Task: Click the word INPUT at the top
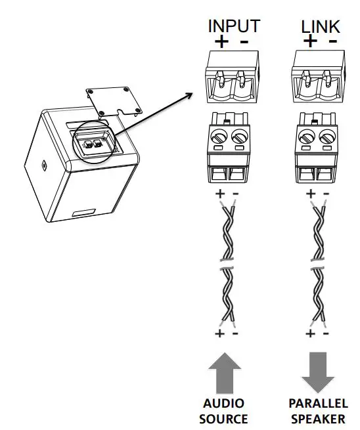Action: (x=234, y=26)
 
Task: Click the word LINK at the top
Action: (x=320, y=26)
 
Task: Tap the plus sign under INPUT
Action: (x=222, y=42)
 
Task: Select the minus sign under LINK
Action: (x=332, y=41)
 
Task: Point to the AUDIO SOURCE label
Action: (x=223, y=411)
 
